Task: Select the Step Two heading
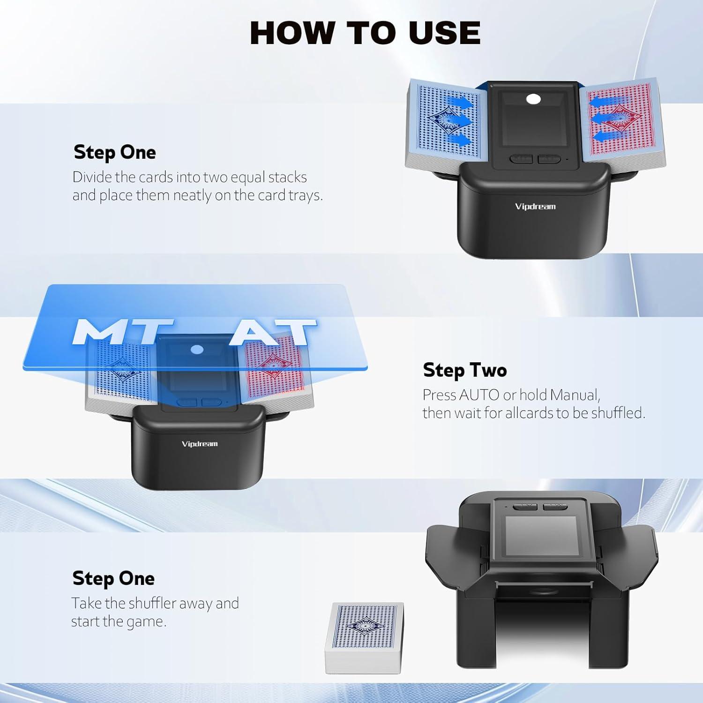pos(464,370)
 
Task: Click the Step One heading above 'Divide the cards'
pos(115,152)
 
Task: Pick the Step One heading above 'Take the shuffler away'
pos(113,578)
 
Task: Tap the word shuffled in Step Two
pos(617,413)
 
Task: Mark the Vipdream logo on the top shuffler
pos(535,206)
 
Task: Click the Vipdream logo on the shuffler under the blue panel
pos(200,444)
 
